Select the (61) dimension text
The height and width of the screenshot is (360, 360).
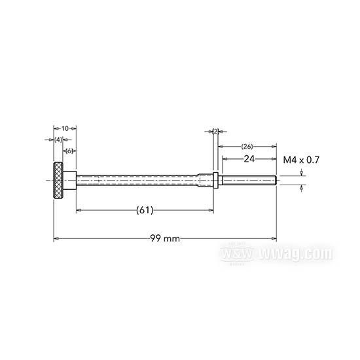point(145,210)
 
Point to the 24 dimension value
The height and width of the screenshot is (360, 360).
point(248,159)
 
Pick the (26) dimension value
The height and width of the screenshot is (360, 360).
point(247,146)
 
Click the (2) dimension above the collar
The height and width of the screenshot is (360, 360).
point(215,132)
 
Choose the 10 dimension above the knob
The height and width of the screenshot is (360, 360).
point(64,128)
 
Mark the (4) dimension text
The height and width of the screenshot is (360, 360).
point(58,139)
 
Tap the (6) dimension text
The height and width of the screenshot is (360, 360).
point(68,151)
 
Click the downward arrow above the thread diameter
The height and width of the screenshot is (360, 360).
point(301,173)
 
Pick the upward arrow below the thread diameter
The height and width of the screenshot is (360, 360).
point(301,188)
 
